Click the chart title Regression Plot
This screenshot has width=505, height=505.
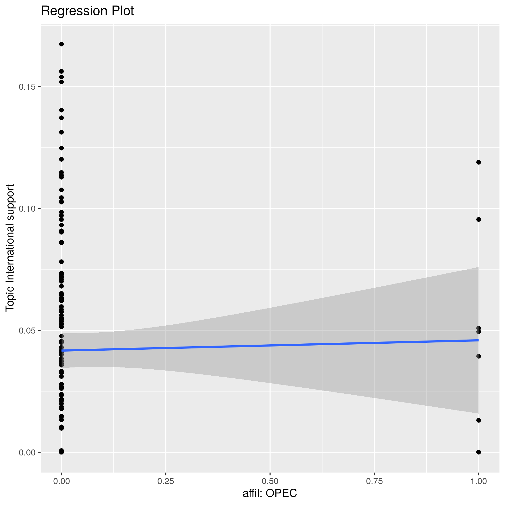[x=87, y=11]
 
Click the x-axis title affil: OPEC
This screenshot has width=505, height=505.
[x=270, y=493]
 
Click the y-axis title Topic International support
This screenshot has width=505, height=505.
[x=10, y=247]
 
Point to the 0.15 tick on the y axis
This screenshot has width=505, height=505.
[x=29, y=87]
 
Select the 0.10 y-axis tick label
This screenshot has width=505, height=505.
[x=29, y=208]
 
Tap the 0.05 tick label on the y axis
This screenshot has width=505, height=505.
[x=29, y=330]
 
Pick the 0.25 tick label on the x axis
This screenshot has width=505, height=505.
[x=166, y=481]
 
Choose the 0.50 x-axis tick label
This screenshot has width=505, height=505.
[x=270, y=481]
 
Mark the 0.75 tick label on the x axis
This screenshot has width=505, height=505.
[x=374, y=481]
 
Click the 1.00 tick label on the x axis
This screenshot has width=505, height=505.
[x=478, y=481]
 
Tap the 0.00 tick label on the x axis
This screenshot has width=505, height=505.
[x=61, y=481]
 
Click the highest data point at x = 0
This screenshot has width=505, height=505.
[x=61, y=44]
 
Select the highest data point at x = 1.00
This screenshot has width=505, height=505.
[x=479, y=162]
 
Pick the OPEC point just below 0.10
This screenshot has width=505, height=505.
[x=479, y=220]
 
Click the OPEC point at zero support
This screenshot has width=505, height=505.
[x=479, y=452]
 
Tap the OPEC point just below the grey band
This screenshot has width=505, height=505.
[x=479, y=420]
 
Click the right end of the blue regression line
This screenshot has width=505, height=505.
[x=478, y=340]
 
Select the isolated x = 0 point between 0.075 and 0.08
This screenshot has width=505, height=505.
[x=61, y=262]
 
